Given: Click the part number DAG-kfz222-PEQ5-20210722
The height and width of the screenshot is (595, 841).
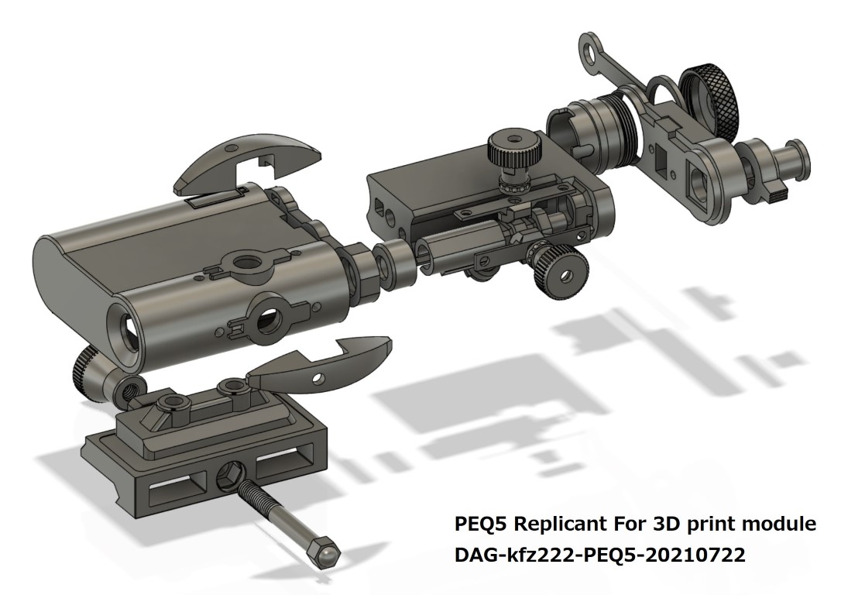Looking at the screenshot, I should point(599,555).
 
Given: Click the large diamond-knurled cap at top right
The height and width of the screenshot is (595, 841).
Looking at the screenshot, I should point(710,100).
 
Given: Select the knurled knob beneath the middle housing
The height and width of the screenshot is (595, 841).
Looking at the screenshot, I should point(559,271).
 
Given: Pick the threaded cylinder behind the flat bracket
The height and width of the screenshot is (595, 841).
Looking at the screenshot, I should point(612,130).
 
